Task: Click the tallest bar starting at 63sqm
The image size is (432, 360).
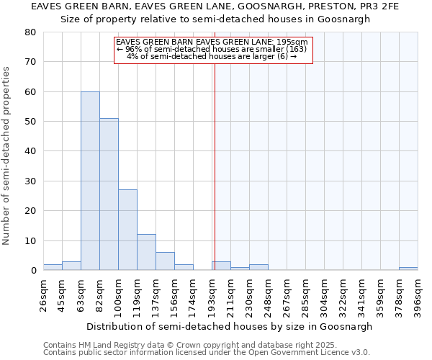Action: pyautogui.click(x=90, y=181)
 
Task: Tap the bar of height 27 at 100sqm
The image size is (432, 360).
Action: pyautogui.click(x=127, y=230)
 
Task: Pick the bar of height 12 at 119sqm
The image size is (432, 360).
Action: pyautogui.click(x=146, y=252)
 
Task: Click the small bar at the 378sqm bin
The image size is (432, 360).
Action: pyautogui.click(x=408, y=269)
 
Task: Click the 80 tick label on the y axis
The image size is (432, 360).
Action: pyautogui.click(x=30, y=32)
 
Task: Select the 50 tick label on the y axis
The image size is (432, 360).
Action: pyautogui.click(x=30, y=122)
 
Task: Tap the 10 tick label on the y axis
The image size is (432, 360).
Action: pyautogui.click(x=30, y=241)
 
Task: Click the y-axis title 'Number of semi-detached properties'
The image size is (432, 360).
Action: pyautogui.click(x=6, y=155)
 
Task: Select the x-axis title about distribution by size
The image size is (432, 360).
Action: pyautogui.click(x=230, y=326)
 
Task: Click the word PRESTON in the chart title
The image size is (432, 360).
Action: pyautogui.click(x=315, y=6)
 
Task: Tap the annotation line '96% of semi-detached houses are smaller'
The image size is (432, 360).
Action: pyautogui.click(x=212, y=49)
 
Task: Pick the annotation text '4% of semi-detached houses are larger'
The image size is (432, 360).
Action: pyautogui.click(x=212, y=56)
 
